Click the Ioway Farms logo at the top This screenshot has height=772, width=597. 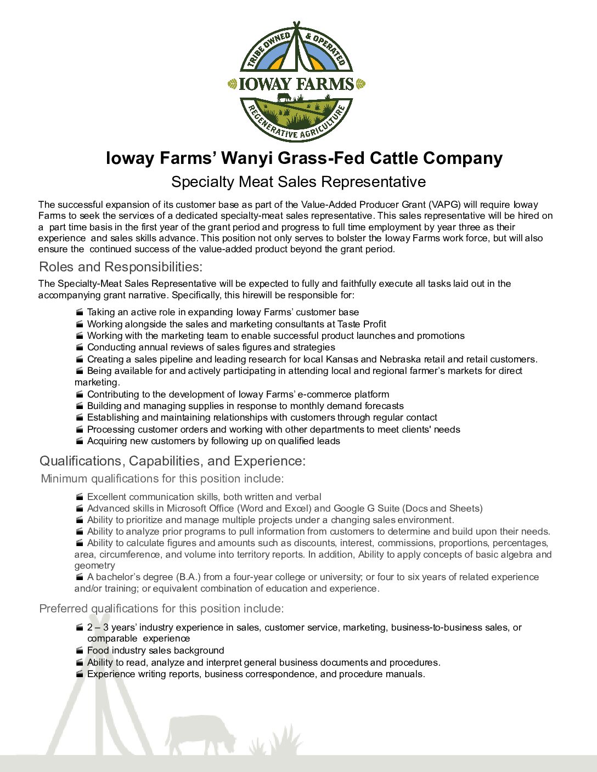click(x=296, y=82)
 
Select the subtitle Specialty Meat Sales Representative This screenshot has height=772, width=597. click(x=298, y=181)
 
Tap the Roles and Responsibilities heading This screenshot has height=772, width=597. click(x=121, y=267)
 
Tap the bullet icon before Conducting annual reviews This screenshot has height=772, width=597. click(x=80, y=347)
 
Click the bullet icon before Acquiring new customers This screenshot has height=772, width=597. click(x=80, y=441)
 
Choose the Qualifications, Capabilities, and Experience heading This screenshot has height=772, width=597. click(x=172, y=461)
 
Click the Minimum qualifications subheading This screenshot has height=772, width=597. click(x=162, y=479)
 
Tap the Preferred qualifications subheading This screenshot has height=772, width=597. click(x=161, y=609)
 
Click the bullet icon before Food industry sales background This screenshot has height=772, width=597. click(x=80, y=650)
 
